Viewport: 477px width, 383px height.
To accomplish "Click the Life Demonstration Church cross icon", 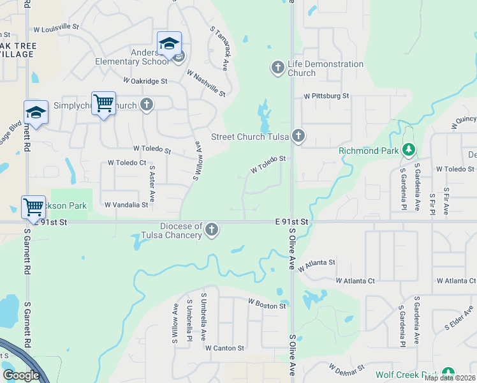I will (277, 67).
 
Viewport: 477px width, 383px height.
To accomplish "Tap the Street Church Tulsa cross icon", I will (298, 135).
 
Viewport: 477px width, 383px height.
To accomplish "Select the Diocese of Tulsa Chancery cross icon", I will (212, 230).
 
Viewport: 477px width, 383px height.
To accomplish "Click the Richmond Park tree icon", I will (409, 151).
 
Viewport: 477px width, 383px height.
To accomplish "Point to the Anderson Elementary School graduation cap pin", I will (169, 45).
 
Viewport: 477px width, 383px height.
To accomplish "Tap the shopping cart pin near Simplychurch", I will (103, 104).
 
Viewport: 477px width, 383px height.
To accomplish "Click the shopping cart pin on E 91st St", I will (33, 207).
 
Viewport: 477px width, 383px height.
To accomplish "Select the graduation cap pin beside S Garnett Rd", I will (36, 112).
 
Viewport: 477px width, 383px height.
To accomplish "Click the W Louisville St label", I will (56, 27).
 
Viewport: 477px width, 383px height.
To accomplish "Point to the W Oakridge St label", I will (145, 81).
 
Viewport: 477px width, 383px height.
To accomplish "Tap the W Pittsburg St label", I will (327, 96).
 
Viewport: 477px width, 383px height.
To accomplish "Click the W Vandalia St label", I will (126, 205).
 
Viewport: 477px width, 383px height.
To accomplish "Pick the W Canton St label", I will (224, 348).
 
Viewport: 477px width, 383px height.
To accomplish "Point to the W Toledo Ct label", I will (127, 163).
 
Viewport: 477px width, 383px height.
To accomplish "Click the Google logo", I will (21, 375).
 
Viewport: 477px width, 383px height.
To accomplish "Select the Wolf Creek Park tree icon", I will (448, 373).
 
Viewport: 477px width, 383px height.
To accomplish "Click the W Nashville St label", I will (206, 84).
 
